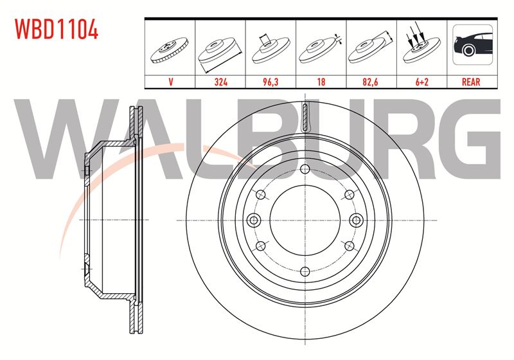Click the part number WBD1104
pos(57,29)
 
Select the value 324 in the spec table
pos(220,82)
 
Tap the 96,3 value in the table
pos(270,82)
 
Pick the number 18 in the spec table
pos(321,82)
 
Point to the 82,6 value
pos(370,82)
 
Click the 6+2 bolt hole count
pos(422,82)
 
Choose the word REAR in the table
pos(471,82)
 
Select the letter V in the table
pos(170,82)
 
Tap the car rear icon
pos(472,44)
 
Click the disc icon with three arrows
pos(421,44)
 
